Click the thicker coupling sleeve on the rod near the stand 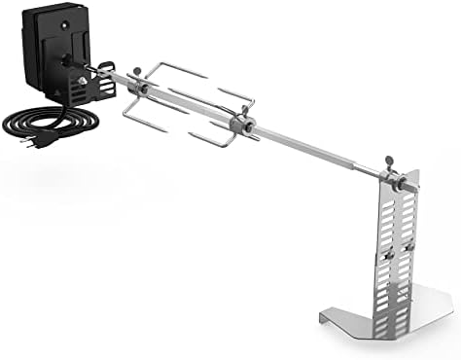[x=374, y=174]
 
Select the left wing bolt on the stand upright [x=386, y=255]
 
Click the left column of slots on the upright [x=386, y=282]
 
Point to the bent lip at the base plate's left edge [x=325, y=317]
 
